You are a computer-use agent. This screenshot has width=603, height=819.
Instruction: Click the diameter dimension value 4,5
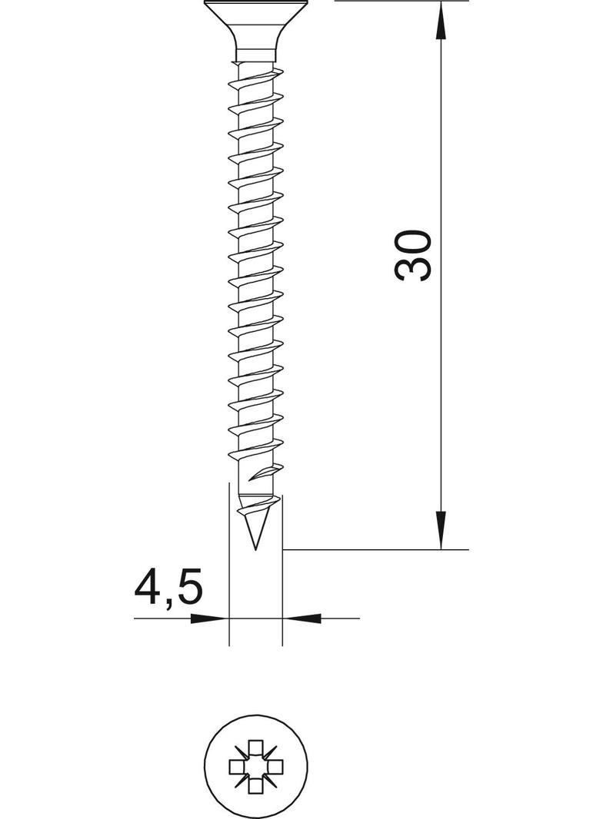[x=168, y=589]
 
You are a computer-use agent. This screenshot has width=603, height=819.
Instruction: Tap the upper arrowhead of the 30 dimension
[x=441, y=20]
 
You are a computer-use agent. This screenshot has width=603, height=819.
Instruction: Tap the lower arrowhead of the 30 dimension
[x=441, y=530]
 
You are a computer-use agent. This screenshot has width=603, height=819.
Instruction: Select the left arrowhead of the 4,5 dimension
[x=209, y=618]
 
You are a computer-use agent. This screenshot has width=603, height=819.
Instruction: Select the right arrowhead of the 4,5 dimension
[x=301, y=618]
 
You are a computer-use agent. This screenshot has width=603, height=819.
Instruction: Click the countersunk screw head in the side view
[x=255, y=26]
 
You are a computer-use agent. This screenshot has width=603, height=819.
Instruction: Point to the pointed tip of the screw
[x=255, y=549]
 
